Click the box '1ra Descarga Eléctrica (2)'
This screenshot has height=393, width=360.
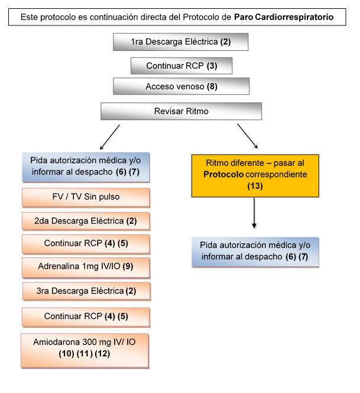tap(180, 42)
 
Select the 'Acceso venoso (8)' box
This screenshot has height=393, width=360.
tap(181, 86)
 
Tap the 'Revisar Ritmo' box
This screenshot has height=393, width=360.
tap(181, 111)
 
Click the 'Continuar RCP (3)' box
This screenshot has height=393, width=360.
tap(181, 65)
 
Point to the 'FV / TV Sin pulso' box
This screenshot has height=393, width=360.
tap(86, 196)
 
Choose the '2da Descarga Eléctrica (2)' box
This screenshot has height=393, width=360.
tap(86, 221)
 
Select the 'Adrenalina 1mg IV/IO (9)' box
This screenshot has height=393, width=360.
tap(86, 266)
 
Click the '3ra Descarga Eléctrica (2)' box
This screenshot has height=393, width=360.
tap(86, 291)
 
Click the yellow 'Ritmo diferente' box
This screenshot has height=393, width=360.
tap(255, 175)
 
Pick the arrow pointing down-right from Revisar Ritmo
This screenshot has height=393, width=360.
tap(248, 136)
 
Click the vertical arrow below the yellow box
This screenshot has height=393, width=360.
tap(254, 212)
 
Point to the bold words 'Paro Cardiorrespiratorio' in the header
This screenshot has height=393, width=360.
tap(283, 17)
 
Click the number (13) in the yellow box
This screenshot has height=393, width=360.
tap(255, 186)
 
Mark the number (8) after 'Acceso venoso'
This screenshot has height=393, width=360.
tap(212, 86)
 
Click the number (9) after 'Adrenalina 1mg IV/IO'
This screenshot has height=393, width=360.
tap(128, 266)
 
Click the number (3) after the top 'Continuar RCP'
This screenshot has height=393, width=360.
tap(212, 65)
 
